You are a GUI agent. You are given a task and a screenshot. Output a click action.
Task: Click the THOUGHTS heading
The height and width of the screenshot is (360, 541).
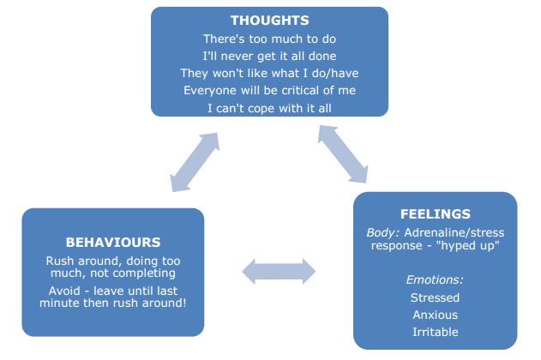point(270,21)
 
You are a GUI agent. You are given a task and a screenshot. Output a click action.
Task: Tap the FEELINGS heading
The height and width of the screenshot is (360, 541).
point(436,214)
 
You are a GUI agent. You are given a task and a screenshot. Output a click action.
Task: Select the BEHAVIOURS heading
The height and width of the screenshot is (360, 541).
point(113,243)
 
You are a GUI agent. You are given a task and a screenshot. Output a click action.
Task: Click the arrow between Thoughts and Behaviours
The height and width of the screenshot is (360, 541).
point(195,162)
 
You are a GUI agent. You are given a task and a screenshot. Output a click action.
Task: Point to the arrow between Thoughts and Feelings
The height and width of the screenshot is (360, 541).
point(343,154)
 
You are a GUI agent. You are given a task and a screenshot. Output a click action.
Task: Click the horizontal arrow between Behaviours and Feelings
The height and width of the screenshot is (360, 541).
point(279,272)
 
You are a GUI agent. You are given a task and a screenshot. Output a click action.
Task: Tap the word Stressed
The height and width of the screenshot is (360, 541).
point(435,297)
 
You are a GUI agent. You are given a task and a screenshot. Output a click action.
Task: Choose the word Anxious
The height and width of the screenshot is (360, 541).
point(435,315)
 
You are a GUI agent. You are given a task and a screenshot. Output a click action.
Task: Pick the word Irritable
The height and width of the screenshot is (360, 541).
point(436,332)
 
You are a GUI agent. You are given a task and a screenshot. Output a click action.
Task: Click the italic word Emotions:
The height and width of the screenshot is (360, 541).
point(435,279)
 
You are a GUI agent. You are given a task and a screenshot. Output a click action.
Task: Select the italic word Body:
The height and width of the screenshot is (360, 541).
point(382,233)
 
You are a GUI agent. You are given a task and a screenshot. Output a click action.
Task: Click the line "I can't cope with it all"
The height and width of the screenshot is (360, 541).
point(269,108)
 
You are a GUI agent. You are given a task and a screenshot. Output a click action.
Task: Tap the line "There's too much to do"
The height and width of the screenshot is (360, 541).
point(269,39)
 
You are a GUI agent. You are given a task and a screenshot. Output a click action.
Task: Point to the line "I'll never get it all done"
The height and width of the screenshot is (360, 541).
point(269,57)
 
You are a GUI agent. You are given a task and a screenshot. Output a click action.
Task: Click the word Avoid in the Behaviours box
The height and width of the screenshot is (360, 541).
point(64,291)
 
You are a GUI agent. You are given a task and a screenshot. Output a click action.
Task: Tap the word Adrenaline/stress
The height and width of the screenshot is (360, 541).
point(454,233)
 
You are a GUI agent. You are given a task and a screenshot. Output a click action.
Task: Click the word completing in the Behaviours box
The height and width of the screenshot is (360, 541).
point(144,273)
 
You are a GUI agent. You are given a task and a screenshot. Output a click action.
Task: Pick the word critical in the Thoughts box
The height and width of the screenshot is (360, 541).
point(300,90)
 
